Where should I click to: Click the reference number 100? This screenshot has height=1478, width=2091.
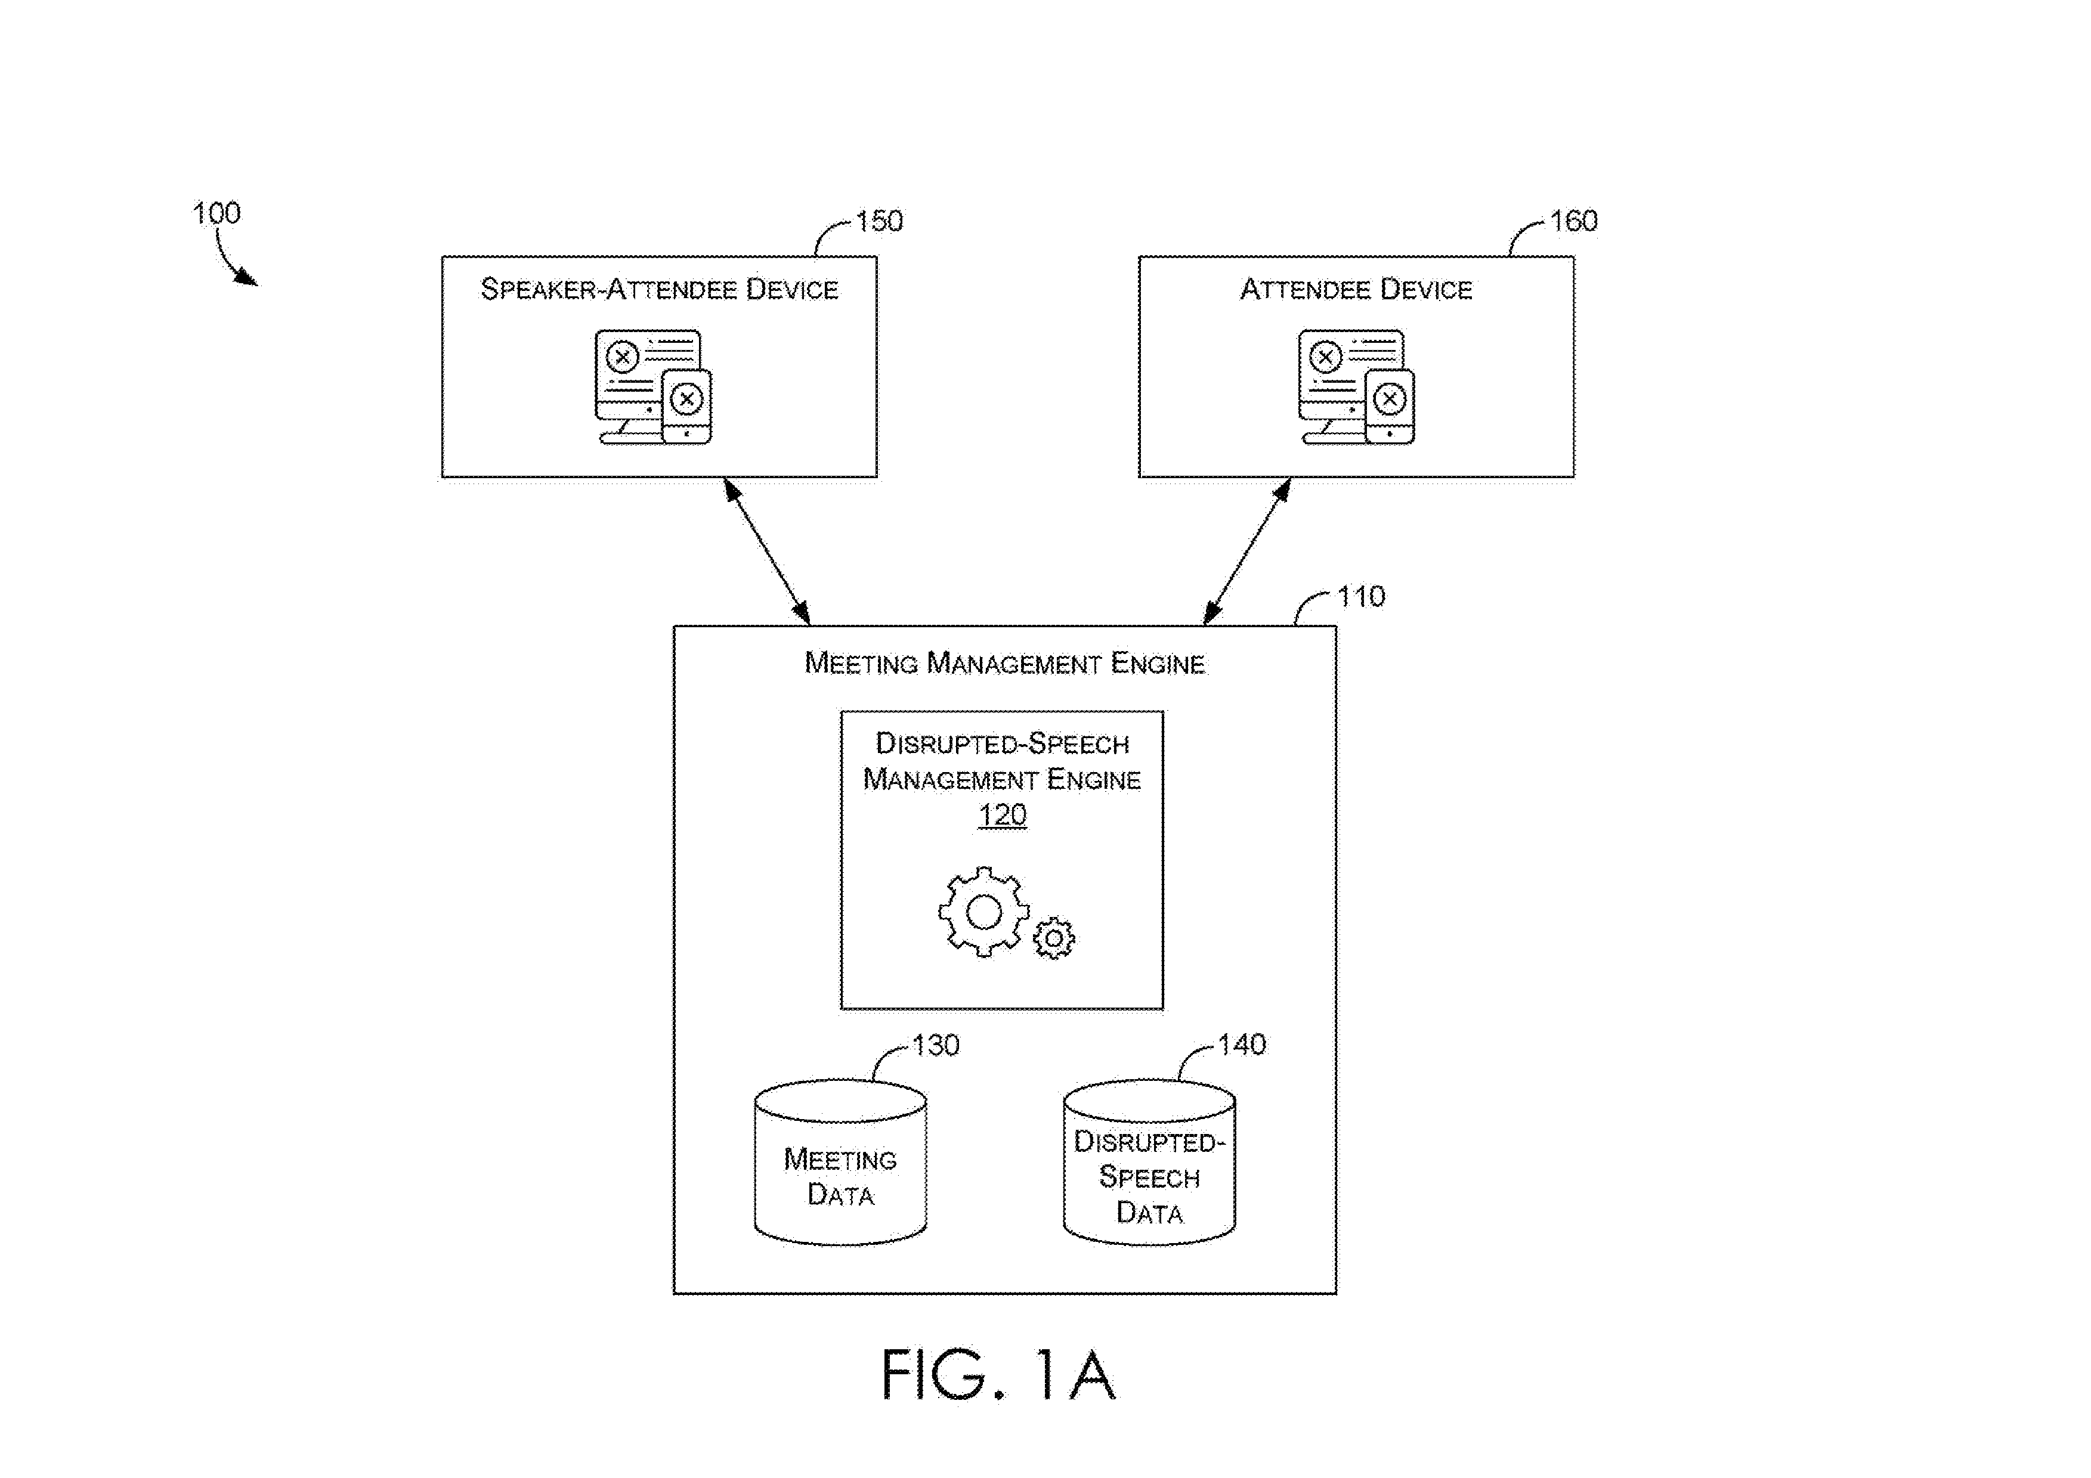pos(216,213)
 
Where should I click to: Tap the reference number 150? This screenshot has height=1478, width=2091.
pos(879,221)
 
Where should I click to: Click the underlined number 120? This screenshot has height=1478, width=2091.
pos(1002,814)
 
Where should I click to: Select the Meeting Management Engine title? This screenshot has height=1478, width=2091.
pos(1004,663)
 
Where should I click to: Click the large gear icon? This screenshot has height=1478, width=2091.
pos(983,912)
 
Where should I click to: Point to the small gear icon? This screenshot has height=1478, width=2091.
pos(1054,938)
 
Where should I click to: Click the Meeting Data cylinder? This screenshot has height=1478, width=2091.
pos(840,1163)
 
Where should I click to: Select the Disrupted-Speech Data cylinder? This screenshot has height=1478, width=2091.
pos(1149,1163)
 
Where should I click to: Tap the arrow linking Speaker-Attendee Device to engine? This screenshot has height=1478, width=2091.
pos(767,552)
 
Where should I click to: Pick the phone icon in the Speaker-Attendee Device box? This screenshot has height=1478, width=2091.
pos(686,406)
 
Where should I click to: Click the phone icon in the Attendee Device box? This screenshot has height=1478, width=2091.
pos(1390,406)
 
